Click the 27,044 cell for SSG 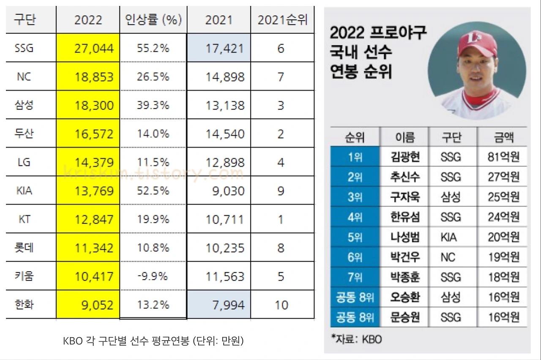[x=88, y=49]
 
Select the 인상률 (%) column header [x=153, y=20]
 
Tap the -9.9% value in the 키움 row [x=153, y=276]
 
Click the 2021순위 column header [x=282, y=20]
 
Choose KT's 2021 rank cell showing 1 [x=281, y=219]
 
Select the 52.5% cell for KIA [x=153, y=191]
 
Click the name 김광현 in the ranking [x=405, y=157]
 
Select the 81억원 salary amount [x=503, y=157]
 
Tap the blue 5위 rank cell [x=355, y=237]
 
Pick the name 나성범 [x=405, y=237]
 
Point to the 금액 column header [x=503, y=137]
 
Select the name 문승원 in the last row [x=405, y=317]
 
